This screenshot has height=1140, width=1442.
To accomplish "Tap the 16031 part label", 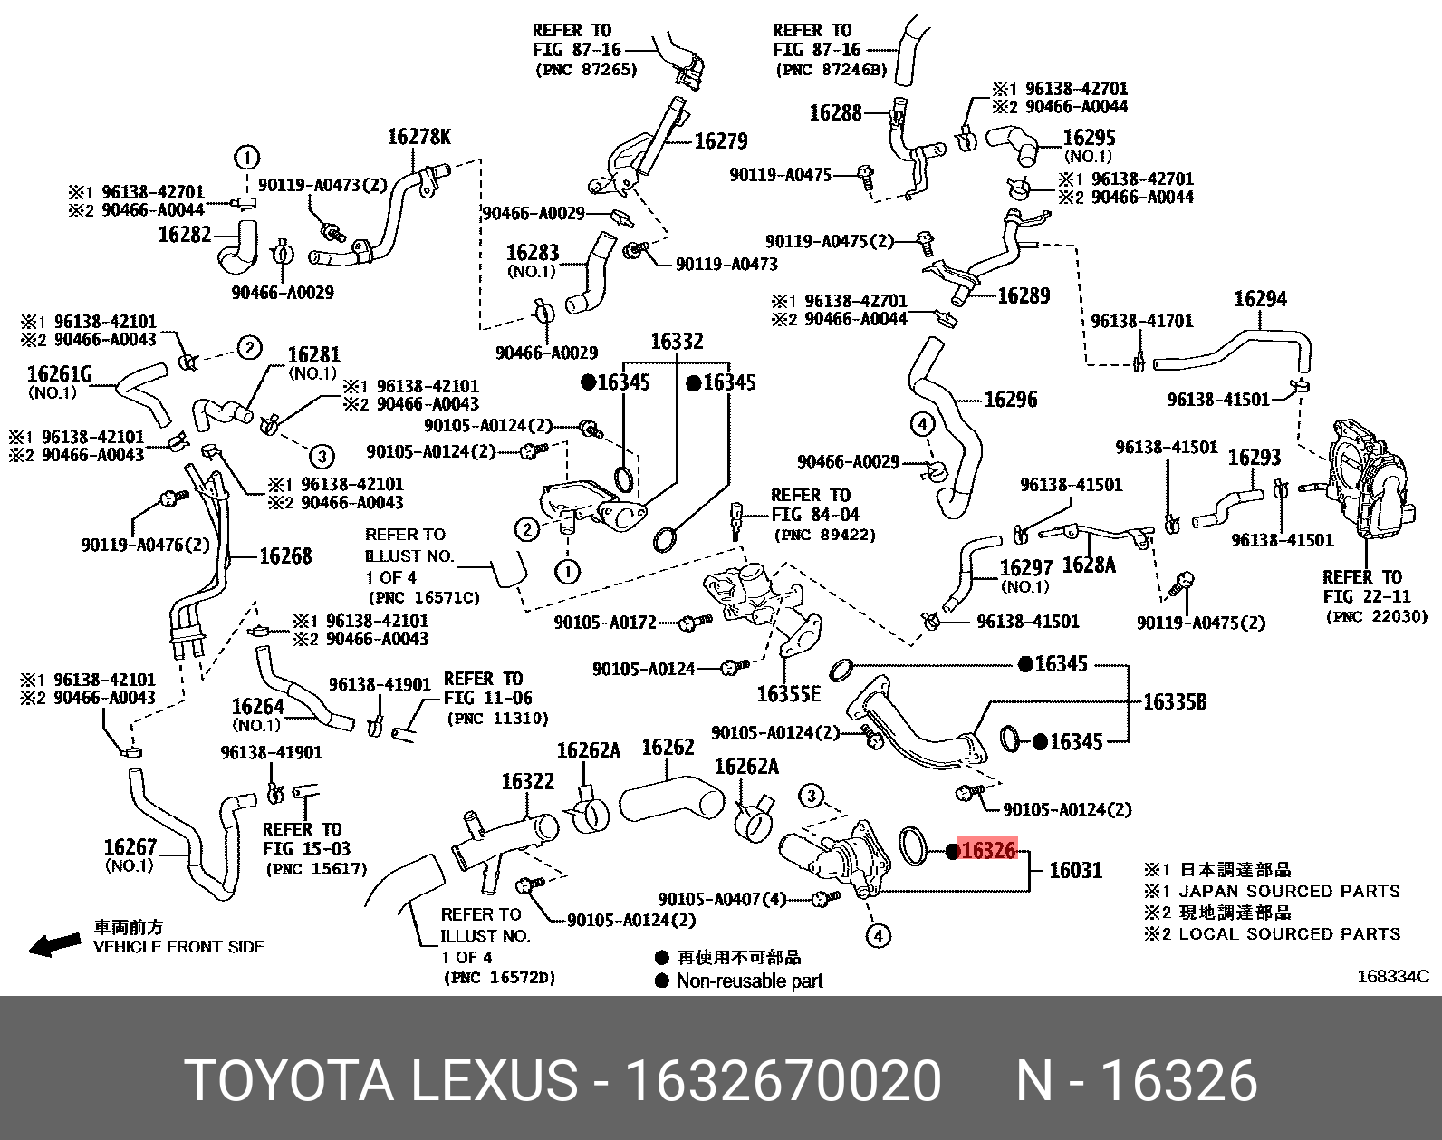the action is coord(1075,871).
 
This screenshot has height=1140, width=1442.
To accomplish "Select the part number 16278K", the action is coord(418,137).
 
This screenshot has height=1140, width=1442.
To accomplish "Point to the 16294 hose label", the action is coord(1260,299).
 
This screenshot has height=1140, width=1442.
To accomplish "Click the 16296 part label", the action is coord(1010,400).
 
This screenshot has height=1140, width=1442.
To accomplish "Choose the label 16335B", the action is coord(1174,701).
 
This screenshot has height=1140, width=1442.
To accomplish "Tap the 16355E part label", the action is coord(788,694).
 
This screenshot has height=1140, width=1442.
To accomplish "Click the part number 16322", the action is coord(527,781).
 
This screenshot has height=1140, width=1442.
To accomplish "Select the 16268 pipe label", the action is coord(285,556).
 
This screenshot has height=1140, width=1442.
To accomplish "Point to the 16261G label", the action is coord(60,373).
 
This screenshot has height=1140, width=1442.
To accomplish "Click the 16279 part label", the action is coord(721,141).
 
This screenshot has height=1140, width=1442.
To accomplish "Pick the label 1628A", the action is coord(1088,565).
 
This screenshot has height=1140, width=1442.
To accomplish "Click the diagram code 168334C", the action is coord(1392,976).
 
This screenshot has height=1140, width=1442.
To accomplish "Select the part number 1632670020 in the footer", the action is coord(783,1081).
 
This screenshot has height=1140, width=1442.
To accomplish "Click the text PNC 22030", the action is coord(1376,616).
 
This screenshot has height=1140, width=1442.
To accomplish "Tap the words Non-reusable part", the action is coord(749,981).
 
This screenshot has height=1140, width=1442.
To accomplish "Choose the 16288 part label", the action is coord(835,112).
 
